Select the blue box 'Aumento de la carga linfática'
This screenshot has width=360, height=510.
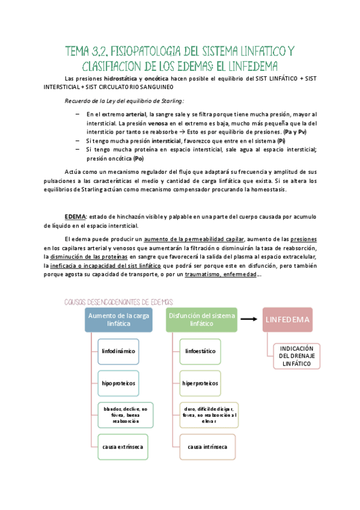click(x=118, y=320)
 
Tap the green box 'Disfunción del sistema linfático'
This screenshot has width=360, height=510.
click(x=201, y=320)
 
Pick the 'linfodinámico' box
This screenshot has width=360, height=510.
click(x=119, y=350)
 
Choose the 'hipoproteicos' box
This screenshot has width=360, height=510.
click(x=119, y=382)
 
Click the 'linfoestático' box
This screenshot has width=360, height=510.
click(x=200, y=350)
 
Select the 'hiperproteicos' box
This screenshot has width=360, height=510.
click(x=202, y=382)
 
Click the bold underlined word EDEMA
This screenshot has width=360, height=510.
click(x=75, y=216)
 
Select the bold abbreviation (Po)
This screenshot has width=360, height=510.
click(x=138, y=158)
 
